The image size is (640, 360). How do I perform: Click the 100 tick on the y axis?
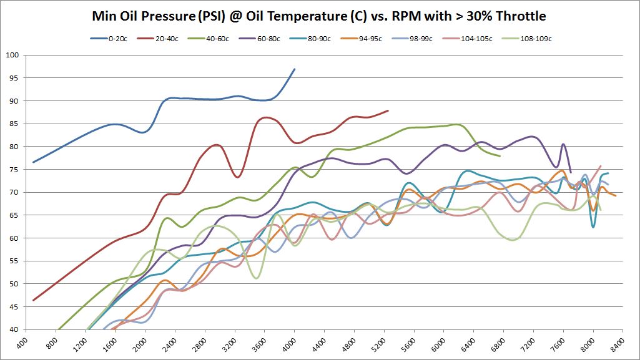click(x=13, y=55)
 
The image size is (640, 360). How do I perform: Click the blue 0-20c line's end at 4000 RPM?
click(x=295, y=69)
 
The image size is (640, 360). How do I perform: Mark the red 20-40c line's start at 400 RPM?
click(x=33, y=300)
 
